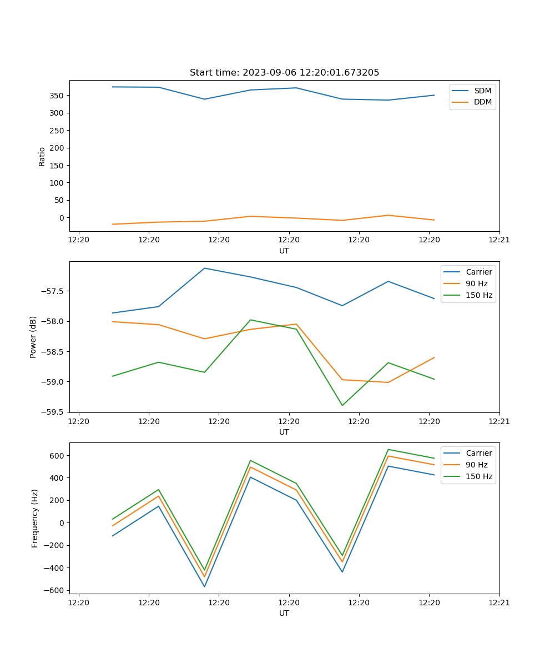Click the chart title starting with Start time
pyautogui.click(x=284, y=73)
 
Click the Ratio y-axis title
pyautogui.click(x=42, y=156)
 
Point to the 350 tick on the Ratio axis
pyautogui.click(x=58, y=96)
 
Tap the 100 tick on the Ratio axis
pyautogui.click(x=58, y=183)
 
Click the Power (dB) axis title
pyautogui.click(x=34, y=337)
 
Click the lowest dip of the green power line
pyautogui.click(x=342, y=405)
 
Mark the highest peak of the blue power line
pyautogui.click(x=204, y=268)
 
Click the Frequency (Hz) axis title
pyautogui.click(x=35, y=518)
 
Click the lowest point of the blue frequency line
pyautogui.click(x=204, y=586)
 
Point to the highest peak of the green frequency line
pyautogui.click(x=388, y=449)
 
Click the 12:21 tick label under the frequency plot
pyautogui.click(x=499, y=603)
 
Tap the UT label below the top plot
pyautogui.click(x=284, y=251)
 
